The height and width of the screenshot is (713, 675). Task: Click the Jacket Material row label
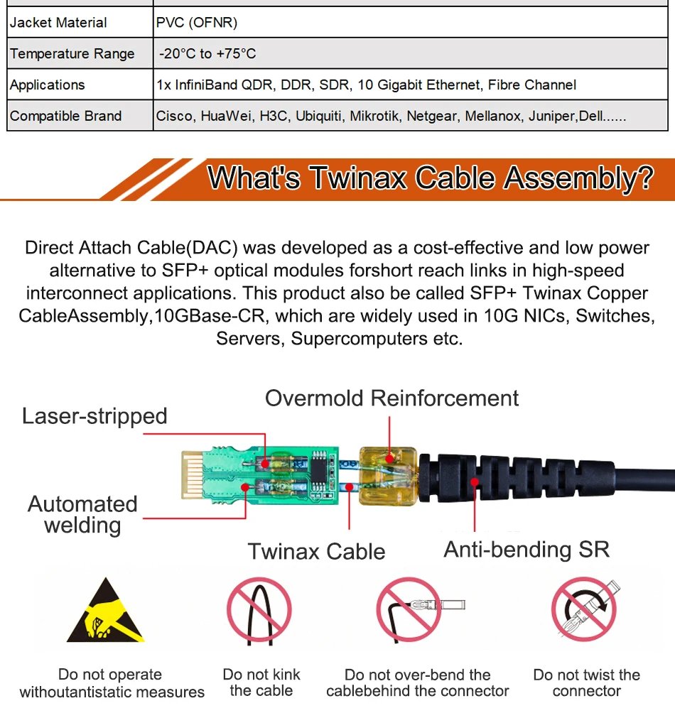[x=58, y=23]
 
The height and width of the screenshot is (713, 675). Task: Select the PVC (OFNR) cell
[x=197, y=23]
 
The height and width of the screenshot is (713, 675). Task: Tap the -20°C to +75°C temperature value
[x=207, y=54]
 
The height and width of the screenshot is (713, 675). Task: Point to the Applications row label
[x=47, y=85]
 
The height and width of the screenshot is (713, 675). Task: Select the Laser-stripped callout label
[x=94, y=416]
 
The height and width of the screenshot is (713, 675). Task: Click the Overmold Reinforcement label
[x=391, y=398]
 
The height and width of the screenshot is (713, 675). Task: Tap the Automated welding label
[x=82, y=515]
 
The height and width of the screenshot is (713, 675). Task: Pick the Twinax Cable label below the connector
[x=316, y=552]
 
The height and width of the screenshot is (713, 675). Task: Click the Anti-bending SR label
[x=526, y=549]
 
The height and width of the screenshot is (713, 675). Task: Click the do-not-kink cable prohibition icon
[x=259, y=611]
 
